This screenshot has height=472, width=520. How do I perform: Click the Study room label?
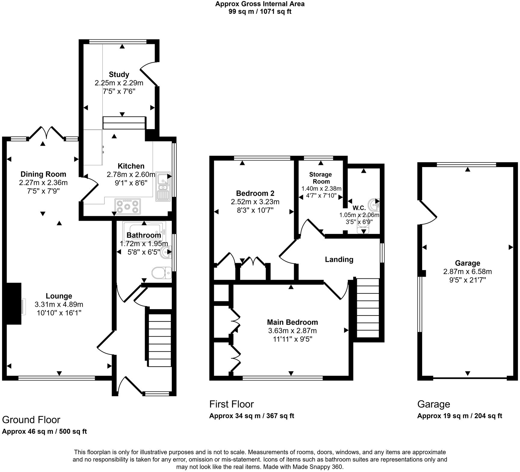click(x=119, y=74)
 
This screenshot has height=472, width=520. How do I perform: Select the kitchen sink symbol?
click(x=163, y=187)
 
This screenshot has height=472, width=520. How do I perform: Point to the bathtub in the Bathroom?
click(x=144, y=228)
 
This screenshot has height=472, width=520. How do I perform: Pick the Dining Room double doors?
click(x=47, y=132)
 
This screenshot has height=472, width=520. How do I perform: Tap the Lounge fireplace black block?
click(x=13, y=303)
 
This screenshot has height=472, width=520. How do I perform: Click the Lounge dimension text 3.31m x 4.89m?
click(x=59, y=304)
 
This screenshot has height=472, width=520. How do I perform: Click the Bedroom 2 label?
click(x=255, y=193)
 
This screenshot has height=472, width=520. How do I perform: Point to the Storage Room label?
click(x=321, y=178)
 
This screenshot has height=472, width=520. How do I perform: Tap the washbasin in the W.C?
click(x=374, y=205)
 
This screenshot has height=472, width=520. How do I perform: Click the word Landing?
click(x=339, y=259)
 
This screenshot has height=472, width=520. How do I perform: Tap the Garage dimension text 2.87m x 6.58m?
click(x=467, y=272)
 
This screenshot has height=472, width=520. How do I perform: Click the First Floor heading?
click(x=231, y=404)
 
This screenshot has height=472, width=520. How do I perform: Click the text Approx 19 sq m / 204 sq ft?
click(x=459, y=416)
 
